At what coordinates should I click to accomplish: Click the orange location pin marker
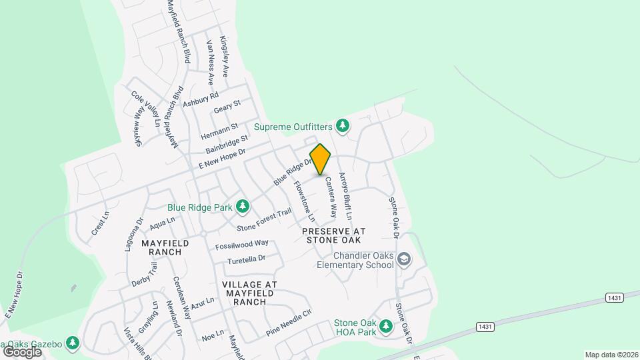321,159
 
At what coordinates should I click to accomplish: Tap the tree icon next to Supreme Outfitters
343,125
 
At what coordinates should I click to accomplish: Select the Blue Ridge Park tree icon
243,207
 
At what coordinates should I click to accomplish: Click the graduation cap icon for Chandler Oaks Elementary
403,259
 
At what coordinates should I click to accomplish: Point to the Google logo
22,351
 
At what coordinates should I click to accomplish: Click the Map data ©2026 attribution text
611,355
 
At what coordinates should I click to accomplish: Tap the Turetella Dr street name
247,259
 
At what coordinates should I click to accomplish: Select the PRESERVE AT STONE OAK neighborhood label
331,235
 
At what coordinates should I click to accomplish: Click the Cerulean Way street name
182,298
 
